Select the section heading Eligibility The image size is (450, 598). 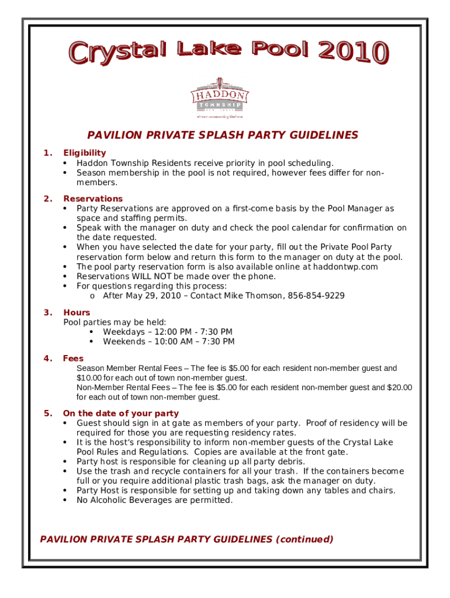85,153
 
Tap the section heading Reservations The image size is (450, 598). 93,199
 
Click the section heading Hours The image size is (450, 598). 77,312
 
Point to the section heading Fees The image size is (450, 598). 73,358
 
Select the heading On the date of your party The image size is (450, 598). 121,413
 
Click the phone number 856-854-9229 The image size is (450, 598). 316,295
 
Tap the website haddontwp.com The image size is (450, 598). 341,266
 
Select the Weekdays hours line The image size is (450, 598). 167,332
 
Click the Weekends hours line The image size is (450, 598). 168,342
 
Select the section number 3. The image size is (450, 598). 47,312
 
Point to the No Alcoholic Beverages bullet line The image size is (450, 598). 154,500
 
